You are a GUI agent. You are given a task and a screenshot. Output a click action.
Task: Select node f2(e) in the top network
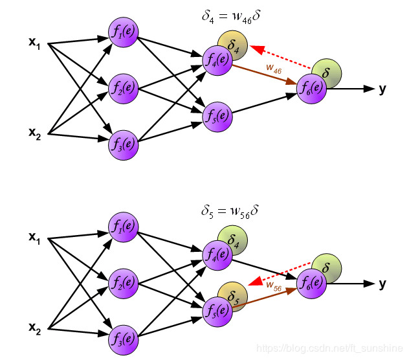click(x=123, y=88)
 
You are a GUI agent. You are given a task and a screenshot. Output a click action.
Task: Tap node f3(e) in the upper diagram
click(x=123, y=143)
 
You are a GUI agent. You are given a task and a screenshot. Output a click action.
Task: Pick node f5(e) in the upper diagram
click(x=217, y=117)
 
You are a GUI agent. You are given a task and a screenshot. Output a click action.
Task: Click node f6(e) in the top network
click(x=312, y=88)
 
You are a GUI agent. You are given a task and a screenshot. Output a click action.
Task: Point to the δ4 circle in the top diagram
click(x=234, y=46)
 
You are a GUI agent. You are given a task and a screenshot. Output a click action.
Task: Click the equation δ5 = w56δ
click(x=230, y=212)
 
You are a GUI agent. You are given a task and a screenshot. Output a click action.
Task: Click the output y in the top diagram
click(x=382, y=89)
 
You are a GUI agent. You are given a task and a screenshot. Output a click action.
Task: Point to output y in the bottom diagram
click(x=382, y=284)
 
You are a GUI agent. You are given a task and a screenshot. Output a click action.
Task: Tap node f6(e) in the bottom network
click(x=312, y=283)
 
